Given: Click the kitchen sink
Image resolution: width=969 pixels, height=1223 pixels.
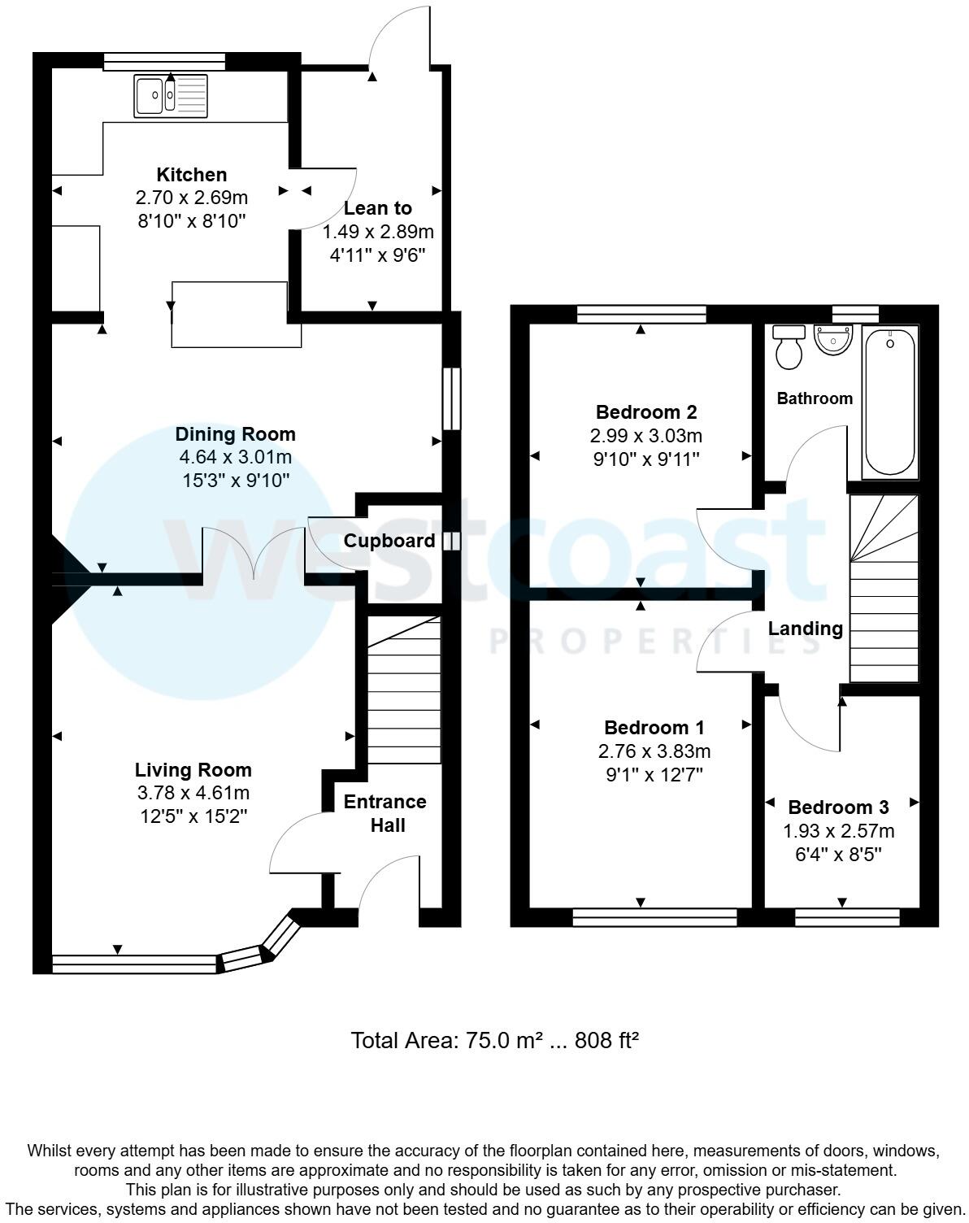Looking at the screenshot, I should click(x=171, y=96).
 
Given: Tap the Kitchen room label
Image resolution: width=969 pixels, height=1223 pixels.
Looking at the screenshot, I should click(x=192, y=175).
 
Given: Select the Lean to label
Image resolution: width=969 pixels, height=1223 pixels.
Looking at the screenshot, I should click(x=378, y=208).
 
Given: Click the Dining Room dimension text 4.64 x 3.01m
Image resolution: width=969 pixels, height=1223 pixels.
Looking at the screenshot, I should click(x=235, y=457).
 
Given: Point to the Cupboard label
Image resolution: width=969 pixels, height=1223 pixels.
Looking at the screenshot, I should click(x=389, y=541).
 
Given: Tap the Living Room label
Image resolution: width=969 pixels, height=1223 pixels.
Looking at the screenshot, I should click(x=193, y=770).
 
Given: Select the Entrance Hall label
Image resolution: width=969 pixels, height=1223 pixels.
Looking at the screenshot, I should click(x=385, y=813).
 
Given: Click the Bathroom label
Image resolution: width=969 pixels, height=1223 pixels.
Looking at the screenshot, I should click(x=815, y=398).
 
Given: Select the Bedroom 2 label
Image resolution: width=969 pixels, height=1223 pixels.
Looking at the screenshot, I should click(x=646, y=412).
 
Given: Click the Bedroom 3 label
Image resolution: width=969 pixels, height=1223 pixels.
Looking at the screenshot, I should click(x=838, y=807).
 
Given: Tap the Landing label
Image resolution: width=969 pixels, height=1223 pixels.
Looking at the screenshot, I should click(x=806, y=629).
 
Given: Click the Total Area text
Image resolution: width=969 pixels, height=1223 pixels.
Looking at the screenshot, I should click(x=494, y=1040).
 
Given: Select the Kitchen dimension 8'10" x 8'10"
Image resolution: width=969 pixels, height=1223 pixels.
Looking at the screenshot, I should click(x=192, y=220).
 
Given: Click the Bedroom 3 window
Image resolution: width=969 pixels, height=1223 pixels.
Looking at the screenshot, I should click(x=847, y=917).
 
